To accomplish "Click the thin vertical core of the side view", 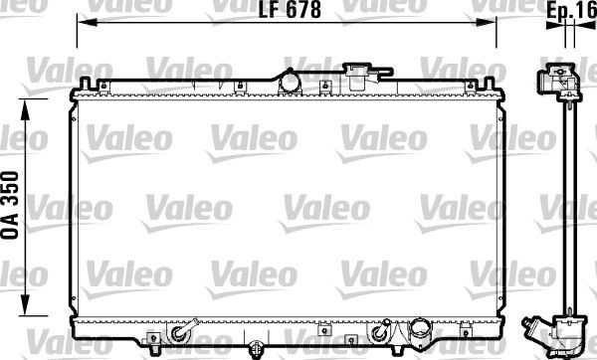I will coord(564,209).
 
